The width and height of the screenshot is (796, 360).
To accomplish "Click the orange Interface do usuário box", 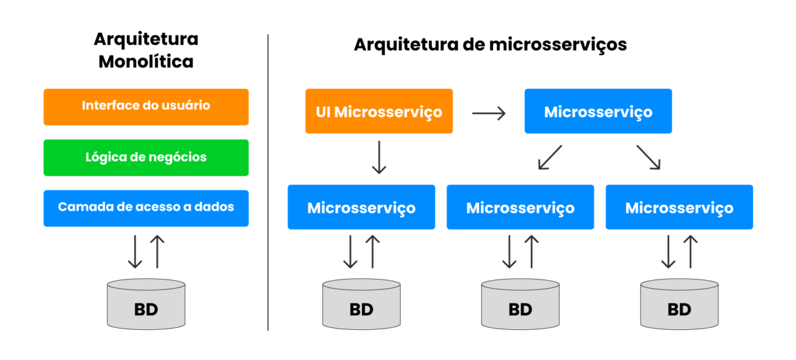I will click(x=146, y=107).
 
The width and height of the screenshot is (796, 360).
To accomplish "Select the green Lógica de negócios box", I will click(x=146, y=158).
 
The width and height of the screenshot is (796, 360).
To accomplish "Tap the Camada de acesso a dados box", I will click(x=146, y=208).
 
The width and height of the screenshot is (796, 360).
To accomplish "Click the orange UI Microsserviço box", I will click(x=379, y=112).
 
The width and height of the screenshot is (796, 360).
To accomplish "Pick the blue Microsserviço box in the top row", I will click(x=598, y=112).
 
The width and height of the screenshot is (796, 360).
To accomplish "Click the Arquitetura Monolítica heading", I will click(x=146, y=50).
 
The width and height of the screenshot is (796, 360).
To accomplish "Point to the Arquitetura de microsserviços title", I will click(x=490, y=45).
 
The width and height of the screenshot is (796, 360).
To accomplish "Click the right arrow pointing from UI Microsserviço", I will click(x=489, y=113).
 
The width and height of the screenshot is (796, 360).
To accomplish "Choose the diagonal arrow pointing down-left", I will click(x=550, y=158).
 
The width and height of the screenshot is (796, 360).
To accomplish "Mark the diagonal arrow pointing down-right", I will click(x=648, y=158).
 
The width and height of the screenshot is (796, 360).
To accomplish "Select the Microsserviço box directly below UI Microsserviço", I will click(x=361, y=207).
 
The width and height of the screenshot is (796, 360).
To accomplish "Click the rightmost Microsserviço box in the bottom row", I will click(x=679, y=207).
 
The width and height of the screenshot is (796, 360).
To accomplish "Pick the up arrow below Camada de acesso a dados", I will click(x=157, y=252).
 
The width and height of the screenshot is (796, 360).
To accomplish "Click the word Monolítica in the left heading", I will click(x=146, y=62).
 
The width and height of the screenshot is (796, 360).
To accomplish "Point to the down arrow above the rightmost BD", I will click(x=668, y=252).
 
